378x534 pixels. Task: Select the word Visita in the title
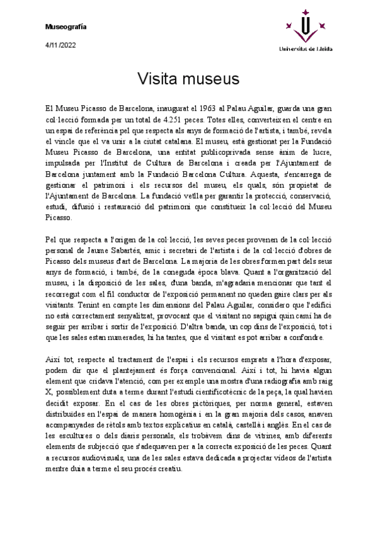tap(157, 79)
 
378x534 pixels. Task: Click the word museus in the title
tap(211, 79)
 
